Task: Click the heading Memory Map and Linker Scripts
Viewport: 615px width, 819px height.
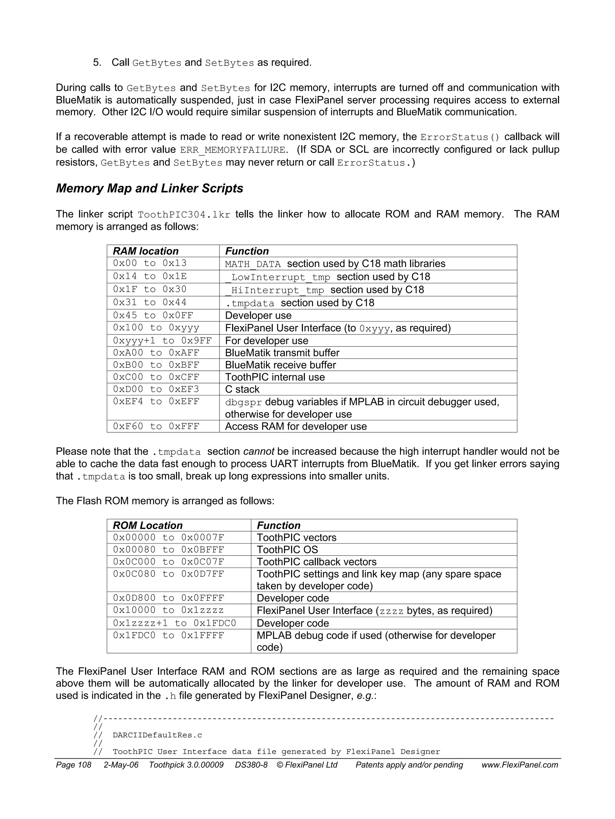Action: point(150,188)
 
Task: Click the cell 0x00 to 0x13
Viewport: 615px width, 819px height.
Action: point(150,263)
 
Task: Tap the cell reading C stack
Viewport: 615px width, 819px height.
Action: point(242,389)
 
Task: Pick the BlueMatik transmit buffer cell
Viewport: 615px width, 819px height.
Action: point(282,352)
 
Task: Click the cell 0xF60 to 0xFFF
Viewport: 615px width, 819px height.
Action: point(156,426)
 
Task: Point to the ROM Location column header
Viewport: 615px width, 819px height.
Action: point(148,525)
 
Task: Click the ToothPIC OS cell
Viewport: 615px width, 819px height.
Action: point(287,550)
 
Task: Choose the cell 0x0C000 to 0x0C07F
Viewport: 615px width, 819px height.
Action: point(168,562)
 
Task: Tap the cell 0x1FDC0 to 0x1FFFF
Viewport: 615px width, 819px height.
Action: point(168,635)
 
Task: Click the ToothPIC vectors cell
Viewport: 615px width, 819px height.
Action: point(296,537)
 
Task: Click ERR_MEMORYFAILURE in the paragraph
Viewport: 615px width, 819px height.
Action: point(233,150)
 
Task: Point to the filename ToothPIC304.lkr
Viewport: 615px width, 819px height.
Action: point(184,215)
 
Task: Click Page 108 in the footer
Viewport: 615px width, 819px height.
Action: point(73,765)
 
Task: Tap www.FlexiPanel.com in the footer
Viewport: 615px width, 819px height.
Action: point(520,765)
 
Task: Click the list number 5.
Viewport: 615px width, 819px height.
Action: point(97,62)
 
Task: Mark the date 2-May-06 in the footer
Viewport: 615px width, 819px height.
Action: point(121,765)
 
